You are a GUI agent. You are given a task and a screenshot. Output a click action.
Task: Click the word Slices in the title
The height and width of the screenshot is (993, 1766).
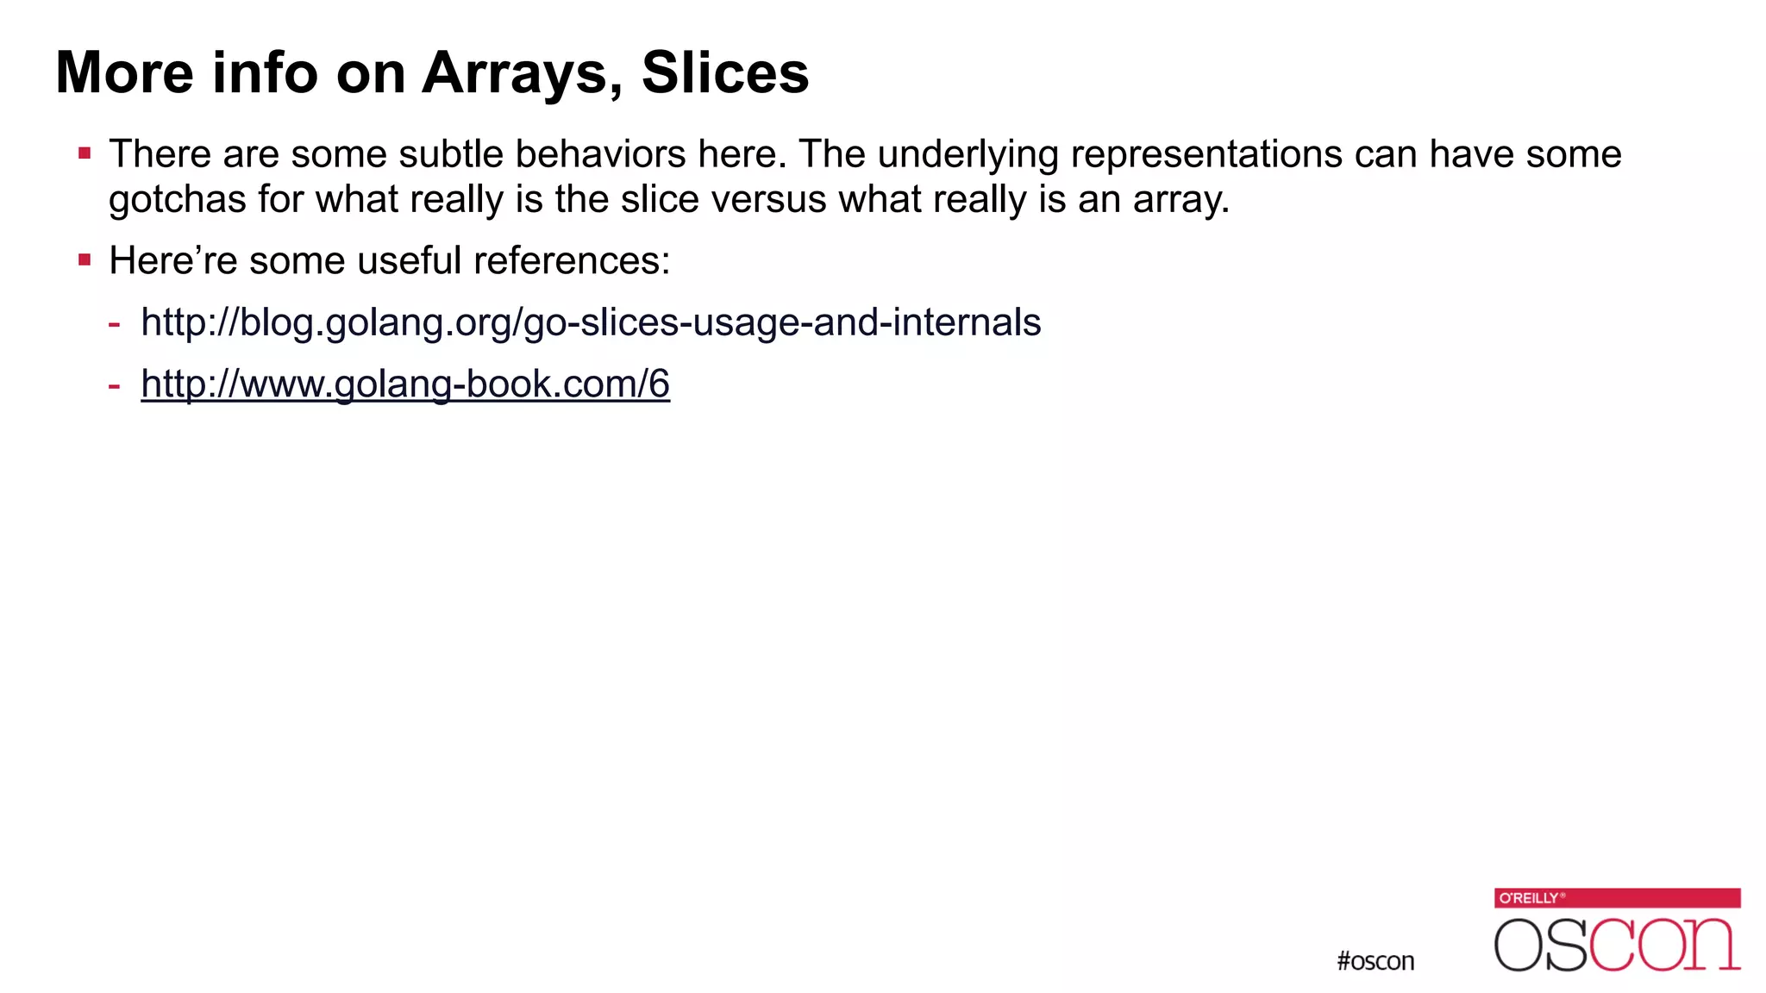(725, 72)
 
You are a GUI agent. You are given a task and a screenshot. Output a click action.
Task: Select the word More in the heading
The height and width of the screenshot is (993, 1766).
(125, 72)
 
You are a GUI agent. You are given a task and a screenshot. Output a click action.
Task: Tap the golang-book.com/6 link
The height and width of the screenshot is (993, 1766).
(405, 384)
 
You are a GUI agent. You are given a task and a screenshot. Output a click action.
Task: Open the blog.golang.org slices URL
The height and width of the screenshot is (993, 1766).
(591, 322)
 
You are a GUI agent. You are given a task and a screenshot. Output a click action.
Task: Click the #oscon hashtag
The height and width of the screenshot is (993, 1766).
(1375, 961)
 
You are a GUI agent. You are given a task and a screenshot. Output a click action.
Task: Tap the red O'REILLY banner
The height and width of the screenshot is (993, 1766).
(1617, 898)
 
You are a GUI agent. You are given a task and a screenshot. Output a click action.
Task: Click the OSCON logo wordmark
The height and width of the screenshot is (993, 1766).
(1617, 945)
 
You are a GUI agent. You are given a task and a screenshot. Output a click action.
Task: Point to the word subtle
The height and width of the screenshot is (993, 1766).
(451, 154)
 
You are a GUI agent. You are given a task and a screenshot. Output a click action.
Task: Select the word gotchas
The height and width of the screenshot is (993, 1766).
(177, 200)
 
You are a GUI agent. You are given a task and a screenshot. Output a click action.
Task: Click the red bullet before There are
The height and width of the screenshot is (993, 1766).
(85, 154)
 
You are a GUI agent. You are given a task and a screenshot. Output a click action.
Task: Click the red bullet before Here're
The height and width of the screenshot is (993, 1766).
(85, 259)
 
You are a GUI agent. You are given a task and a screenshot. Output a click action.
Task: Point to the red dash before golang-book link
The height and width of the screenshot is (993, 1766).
(114, 385)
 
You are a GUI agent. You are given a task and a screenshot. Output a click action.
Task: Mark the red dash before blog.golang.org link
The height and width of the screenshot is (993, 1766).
(114, 324)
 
